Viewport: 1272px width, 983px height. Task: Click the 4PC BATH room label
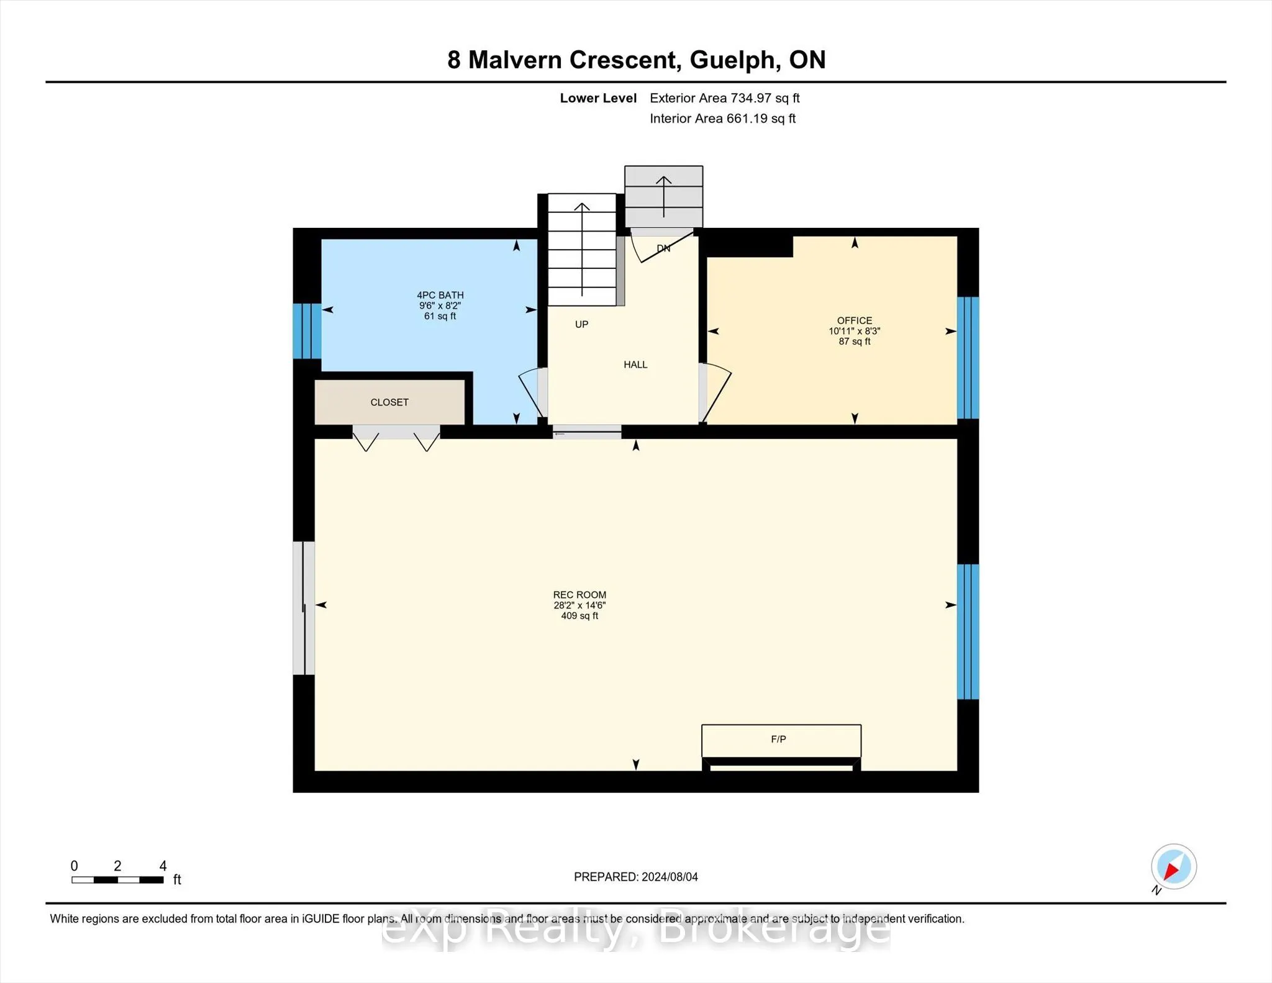440,295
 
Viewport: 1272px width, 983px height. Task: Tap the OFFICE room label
855,320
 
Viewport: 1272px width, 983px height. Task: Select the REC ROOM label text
579,595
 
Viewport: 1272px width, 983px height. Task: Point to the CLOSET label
389,402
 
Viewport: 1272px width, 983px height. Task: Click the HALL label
635,365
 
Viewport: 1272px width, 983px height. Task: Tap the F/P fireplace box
781,740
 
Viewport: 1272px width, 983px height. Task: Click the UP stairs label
581,324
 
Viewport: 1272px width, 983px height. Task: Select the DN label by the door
663,248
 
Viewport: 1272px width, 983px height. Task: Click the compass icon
1173,867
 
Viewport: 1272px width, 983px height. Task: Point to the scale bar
117,879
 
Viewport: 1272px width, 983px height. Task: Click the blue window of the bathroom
307,331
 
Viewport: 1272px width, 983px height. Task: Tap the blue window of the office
968,358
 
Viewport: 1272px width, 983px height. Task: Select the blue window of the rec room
968,632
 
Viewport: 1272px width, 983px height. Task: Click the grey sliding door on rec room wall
304,608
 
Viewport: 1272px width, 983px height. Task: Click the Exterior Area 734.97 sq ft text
724,98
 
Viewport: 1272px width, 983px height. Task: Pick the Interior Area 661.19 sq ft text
722,119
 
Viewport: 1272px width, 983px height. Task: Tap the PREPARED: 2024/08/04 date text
636,877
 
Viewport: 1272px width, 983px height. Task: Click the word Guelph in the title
732,60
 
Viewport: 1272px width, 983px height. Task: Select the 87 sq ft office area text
855,342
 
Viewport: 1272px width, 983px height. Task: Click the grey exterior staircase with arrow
663,196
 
